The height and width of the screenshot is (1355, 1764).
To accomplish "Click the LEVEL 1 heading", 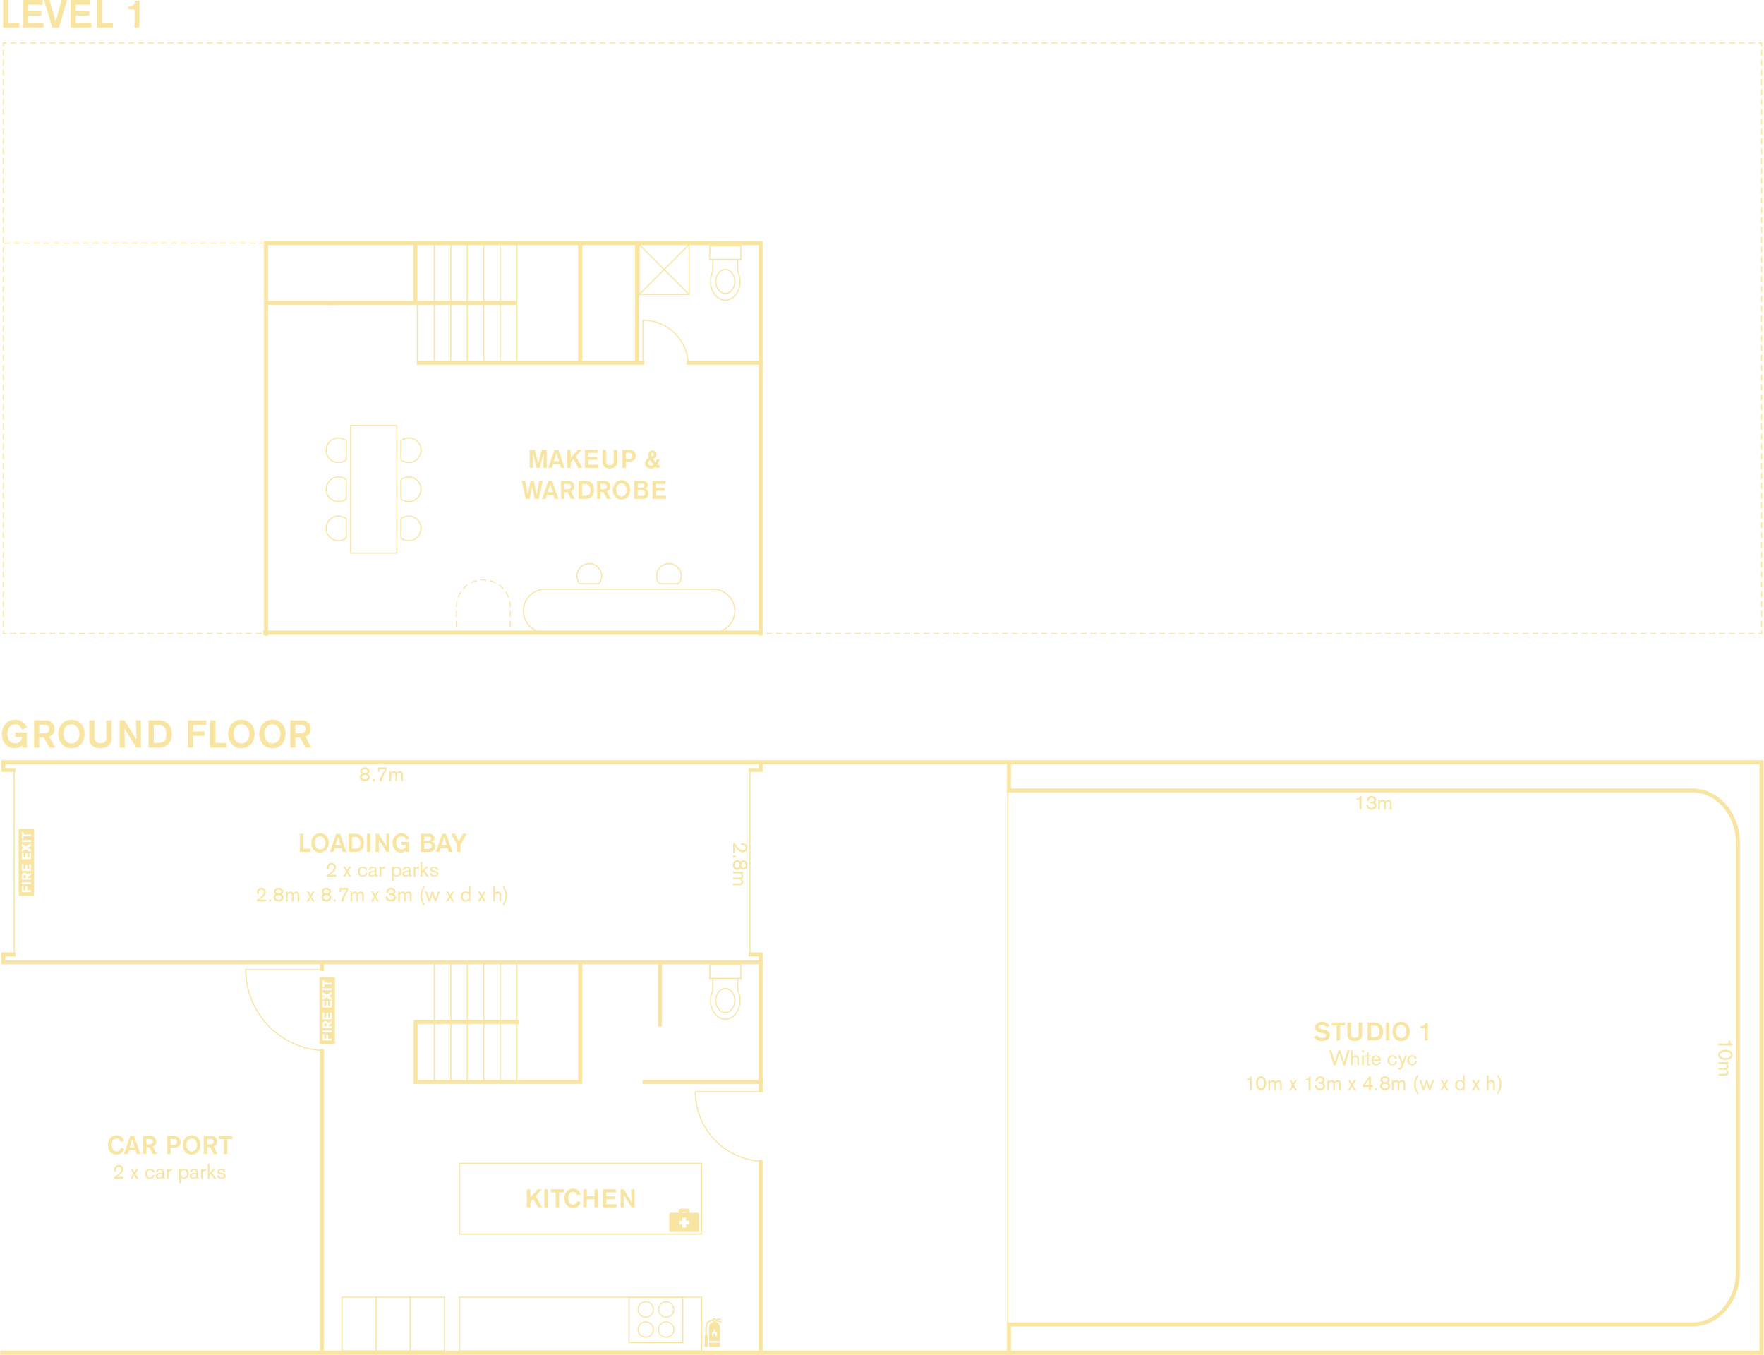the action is tap(72, 16).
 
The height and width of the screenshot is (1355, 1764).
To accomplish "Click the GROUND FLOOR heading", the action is tap(157, 735).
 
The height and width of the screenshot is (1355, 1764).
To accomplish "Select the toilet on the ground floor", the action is tap(725, 994).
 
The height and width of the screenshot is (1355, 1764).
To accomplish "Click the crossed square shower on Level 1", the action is tap(664, 271).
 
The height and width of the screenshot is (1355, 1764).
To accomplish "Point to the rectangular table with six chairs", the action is tap(373, 489).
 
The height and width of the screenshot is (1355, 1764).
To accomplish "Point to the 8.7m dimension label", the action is tap(381, 776).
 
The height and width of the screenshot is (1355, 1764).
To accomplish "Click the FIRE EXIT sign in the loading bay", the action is tap(27, 862).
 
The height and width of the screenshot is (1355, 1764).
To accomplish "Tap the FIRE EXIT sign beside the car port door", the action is tap(327, 1011).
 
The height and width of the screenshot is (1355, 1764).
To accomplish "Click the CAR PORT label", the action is tap(169, 1145).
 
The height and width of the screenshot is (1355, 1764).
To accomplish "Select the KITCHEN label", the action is tap(581, 1199).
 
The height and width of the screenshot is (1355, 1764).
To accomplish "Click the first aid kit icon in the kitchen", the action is tap(684, 1222).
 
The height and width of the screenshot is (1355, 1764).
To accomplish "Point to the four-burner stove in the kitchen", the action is tap(655, 1320).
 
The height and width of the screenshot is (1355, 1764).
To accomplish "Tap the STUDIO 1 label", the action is tap(1372, 1032).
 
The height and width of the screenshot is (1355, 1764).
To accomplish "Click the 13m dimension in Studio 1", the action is tap(1374, 804).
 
